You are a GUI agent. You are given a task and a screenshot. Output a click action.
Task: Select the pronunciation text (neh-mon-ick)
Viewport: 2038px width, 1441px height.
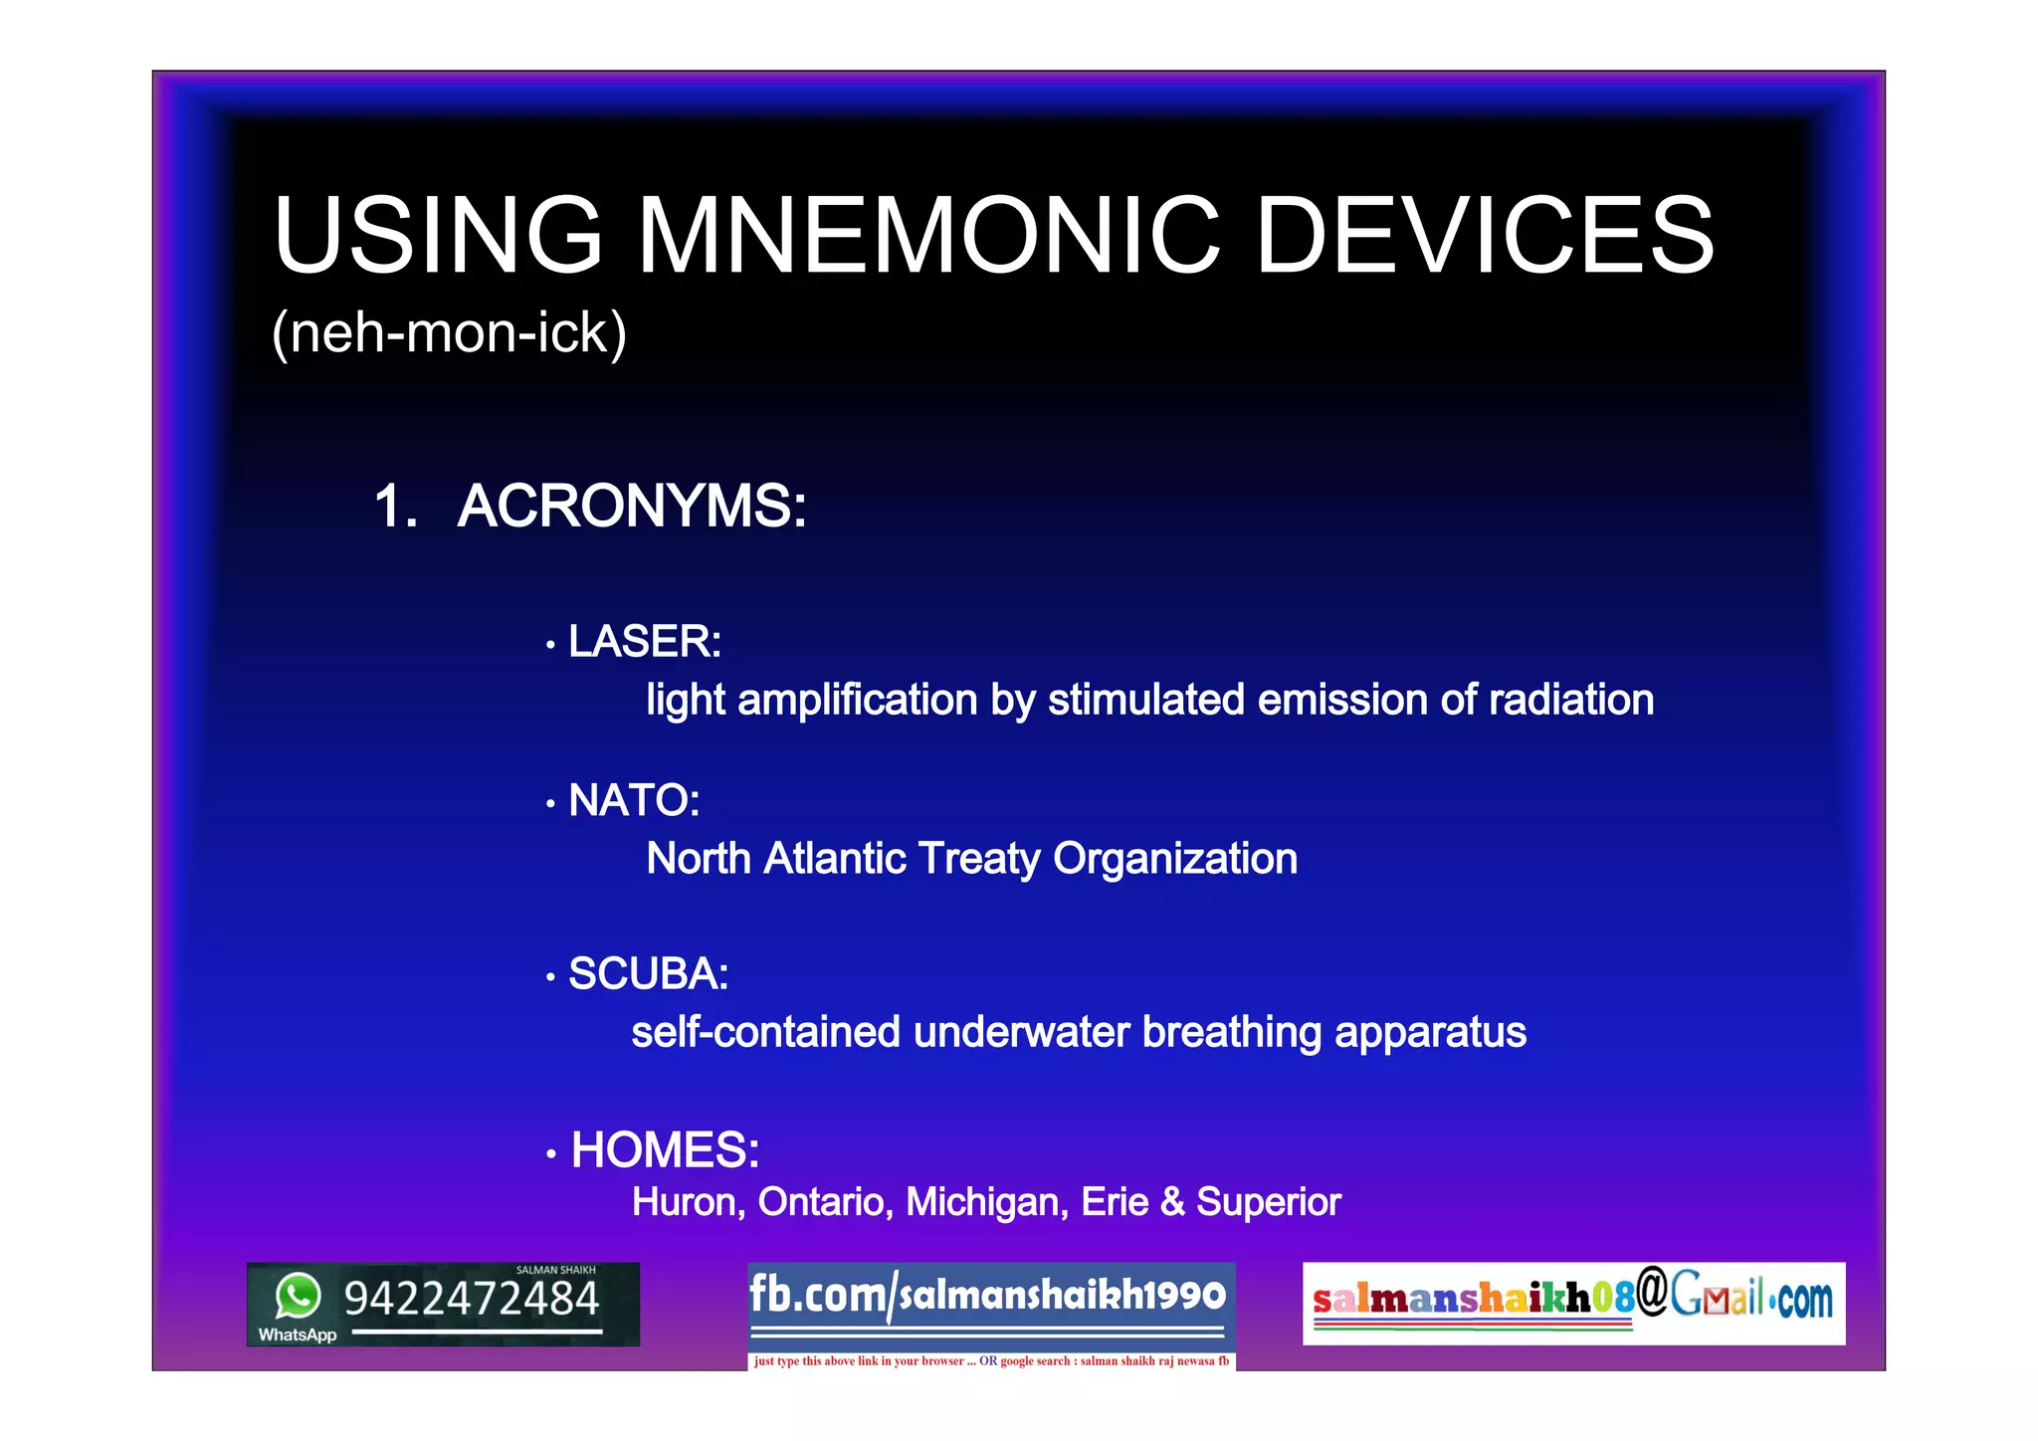coord(449,332)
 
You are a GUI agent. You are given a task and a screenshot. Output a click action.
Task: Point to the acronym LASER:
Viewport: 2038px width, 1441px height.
coord(644,642)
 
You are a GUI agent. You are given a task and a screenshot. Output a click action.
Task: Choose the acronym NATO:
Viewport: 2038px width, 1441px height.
coord(634,800)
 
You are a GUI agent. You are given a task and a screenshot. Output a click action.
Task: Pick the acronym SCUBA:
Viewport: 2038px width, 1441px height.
coord(648,974)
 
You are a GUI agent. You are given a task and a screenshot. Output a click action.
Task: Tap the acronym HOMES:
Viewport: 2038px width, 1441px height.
coord(665,1150)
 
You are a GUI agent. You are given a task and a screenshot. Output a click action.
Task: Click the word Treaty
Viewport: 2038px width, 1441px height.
coord(978,859)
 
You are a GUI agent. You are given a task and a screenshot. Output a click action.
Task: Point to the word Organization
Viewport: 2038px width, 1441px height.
coord(1175,859)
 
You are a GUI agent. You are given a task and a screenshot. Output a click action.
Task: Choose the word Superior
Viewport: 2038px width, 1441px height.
coord(1268,1202)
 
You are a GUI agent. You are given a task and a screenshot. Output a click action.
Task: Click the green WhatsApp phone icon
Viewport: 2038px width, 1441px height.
coord(298,1296)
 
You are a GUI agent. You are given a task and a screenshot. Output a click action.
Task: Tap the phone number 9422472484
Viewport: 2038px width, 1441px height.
coord(472,1300)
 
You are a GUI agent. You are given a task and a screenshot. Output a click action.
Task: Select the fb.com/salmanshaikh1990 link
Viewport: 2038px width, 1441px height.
coord(987,1296)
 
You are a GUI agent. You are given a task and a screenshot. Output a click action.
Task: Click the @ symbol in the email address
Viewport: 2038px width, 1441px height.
coord(1652,1292)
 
